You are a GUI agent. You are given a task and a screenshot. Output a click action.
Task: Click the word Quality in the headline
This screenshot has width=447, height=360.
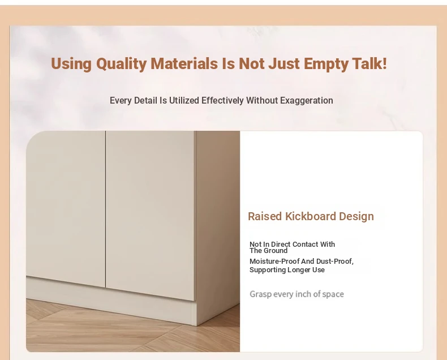tap(121, 64)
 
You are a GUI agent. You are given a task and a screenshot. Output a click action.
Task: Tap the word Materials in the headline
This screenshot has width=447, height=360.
tap(184, 63)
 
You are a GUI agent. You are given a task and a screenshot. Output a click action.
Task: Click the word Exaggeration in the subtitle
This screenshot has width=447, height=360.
tap(307, 100)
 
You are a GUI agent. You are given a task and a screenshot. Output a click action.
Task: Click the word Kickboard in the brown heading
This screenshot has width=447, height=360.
tap(311, 216)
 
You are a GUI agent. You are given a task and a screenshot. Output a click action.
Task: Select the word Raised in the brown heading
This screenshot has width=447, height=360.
tap(265, 216)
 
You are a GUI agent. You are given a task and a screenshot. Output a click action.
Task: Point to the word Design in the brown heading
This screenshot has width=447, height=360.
tap(356, 217)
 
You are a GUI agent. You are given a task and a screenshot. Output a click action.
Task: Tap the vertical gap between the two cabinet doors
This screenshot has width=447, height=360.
tap(105, 209)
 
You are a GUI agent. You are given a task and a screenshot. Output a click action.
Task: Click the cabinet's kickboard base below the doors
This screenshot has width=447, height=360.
tap(111, 299)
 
